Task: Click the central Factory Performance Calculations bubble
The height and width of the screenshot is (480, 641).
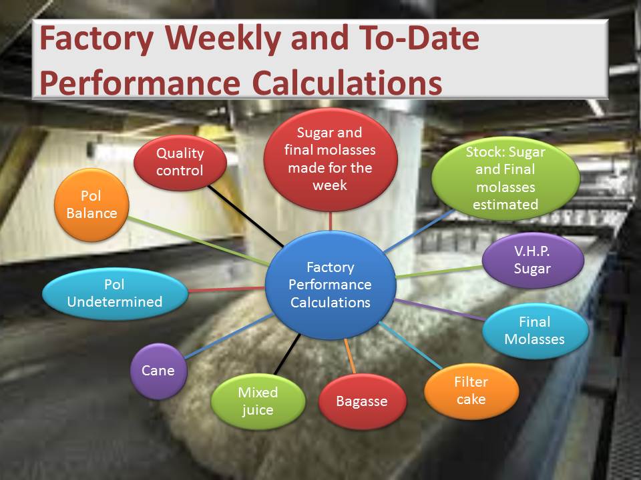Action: (x=331, y=285)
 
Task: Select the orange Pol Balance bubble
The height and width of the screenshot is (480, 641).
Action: (x=91, y=205)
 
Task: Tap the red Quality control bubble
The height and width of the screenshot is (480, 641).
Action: (x=180, y=163)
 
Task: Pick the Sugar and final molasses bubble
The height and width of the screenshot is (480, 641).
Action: (x=331, y=159)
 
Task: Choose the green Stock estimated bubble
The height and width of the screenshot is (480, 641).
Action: (x=505, y=179)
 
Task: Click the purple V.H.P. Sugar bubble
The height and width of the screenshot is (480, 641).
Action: (x=533, y=260)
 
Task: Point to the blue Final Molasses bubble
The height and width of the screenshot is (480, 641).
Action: (x=535, y=331)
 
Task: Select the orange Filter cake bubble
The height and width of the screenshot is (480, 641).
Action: (x=471, y=391)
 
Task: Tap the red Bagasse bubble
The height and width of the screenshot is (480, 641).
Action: (x=362, y=401)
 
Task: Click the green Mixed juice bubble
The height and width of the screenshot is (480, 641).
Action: (x=258, y=401)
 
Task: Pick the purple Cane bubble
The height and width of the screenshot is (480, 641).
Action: (x=159, y=371)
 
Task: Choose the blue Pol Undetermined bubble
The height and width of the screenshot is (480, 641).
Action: (x=115, y=293)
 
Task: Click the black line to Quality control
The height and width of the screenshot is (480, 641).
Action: (x=246, y=216)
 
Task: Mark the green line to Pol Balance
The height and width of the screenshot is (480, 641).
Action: (x=198, y=241)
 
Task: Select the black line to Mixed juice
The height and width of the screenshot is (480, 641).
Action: (x=288, y=354)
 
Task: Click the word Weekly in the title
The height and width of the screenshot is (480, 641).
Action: (x=223, y=39)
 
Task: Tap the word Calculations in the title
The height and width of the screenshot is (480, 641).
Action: (x=347, y=83)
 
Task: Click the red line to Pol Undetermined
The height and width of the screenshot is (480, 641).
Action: (x=226, y=289)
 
